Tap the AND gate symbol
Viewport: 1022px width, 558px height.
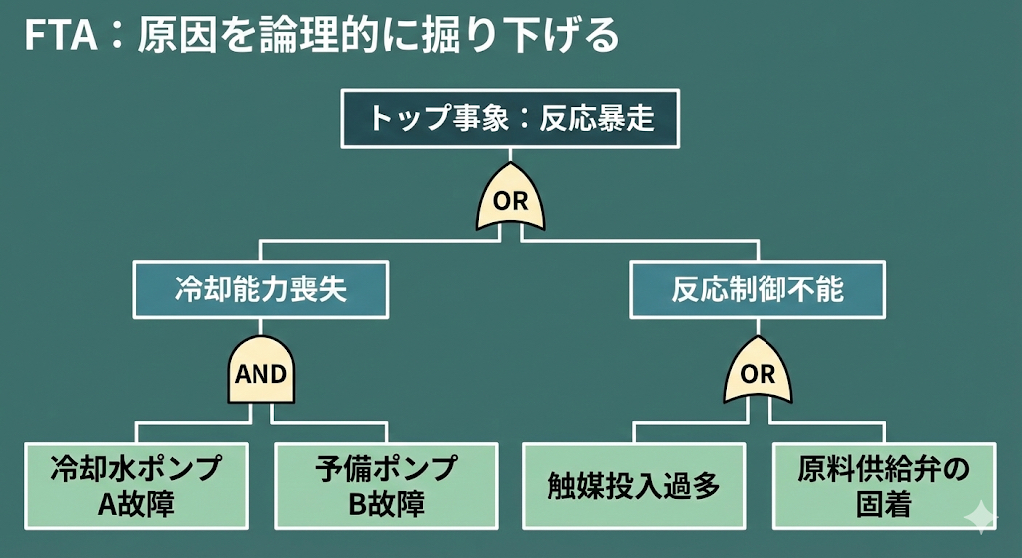pyautogui.click(x=260, y=374)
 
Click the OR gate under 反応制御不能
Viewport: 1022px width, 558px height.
pyautogui.click(x=759, y=374)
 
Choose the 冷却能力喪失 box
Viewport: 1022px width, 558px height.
pyautogui.click(x=260, y=289)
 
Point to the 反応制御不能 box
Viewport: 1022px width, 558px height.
pyautogui.click(x=759, y=289)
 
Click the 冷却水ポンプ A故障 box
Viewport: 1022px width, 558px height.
pyautogui.click(x=136, y=485)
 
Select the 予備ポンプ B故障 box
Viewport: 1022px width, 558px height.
pyautogui.click(x=386, y=485)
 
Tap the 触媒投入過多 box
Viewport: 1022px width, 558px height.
pyautogui.click(x=634, y=485)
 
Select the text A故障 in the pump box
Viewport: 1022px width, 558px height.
pyautogui.click(x=136, y=503)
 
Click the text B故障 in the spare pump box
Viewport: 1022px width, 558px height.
pyautogui.click(x=386, y=503)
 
